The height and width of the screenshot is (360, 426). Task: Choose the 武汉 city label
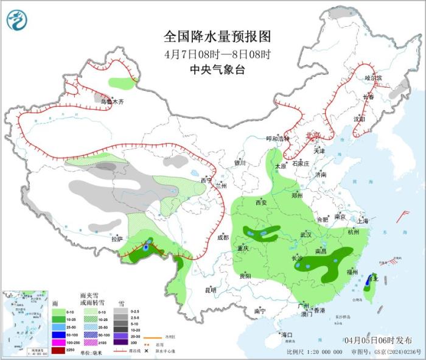point(306,235)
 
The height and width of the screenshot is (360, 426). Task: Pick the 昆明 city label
point(211,290)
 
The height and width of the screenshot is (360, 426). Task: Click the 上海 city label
point(363,221)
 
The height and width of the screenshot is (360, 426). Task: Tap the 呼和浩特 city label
point(280,138)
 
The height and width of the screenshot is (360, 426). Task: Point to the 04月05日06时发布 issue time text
point(377,340)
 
